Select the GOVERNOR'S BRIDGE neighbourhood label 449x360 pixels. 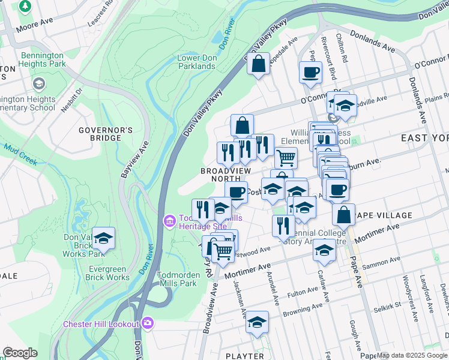coord(106,134)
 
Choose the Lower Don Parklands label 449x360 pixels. coord(196,62)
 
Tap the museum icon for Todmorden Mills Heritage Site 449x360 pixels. coord(170,222)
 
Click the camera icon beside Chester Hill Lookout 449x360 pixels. coord(148,324)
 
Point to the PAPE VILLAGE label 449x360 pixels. coord(382,215)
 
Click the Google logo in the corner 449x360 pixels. coord(19,353)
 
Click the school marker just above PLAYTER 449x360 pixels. coord(258,322)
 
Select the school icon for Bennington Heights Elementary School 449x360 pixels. coord(40,83)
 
